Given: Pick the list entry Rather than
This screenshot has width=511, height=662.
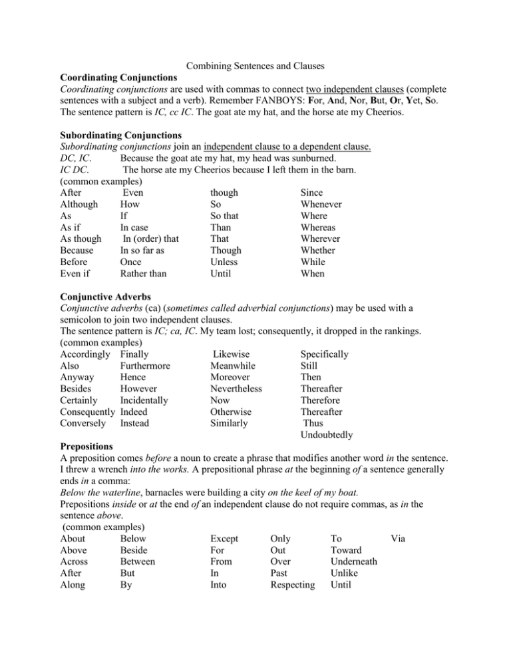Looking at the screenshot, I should click(x=144, y=274).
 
